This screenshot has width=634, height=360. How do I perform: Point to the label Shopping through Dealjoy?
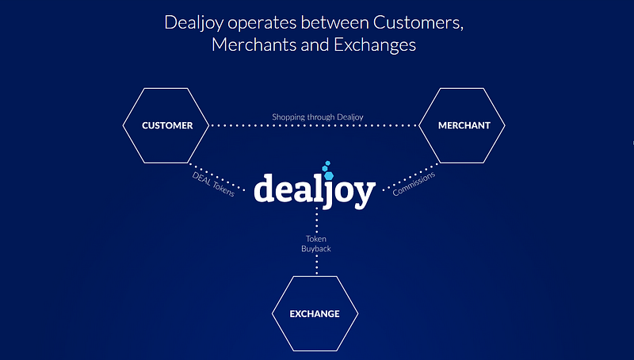tap(318, 117)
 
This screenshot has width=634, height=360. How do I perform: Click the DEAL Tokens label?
tap(213, 185)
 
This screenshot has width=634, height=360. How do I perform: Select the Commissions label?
tap(414, 184)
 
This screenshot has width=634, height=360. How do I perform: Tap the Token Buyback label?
tap(315, 243)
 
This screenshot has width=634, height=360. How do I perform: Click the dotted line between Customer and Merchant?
tap(314, 125)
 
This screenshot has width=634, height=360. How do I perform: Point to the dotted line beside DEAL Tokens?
tap(217, 177)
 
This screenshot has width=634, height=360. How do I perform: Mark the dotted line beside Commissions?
tap(411, 176)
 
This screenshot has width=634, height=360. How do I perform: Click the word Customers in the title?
tap(418, 22)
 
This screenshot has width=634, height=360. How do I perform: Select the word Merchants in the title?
tap(254, 44)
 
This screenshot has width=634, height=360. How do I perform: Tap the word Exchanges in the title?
tap(375, 45)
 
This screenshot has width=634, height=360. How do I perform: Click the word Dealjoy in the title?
tap(193, 23)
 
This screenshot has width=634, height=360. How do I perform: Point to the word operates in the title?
tap(262, 23)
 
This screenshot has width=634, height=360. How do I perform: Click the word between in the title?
tap(334, 22)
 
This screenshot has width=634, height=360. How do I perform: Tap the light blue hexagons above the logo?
tap(328, 170)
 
